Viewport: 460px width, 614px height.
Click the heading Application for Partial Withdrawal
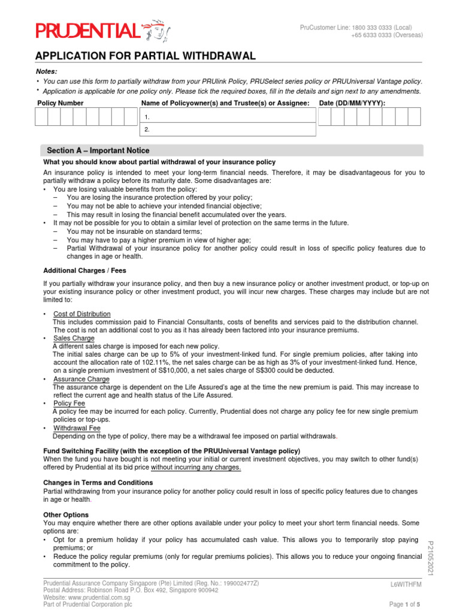click(x=146, y=56)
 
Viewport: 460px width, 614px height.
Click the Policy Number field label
click(x=60, y=103)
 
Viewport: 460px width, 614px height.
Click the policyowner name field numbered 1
click(x=228, y=117)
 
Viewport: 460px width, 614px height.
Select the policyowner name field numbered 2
click(x=228, y=130)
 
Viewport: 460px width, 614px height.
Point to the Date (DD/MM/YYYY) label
click(x=352, y=103)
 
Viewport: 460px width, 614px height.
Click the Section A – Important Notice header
click(x=98, y=151)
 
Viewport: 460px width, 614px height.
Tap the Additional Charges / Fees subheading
click(x=84, y=270)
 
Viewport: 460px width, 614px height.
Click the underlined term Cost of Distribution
click(x=82, y=314)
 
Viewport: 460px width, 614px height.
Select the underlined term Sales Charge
click(x=74, y=338)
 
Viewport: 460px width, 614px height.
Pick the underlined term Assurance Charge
click(x=81, y=379)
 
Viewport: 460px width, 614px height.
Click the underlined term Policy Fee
click(x=69, y=404)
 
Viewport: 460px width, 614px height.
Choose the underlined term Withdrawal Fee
click(x=77, y=428)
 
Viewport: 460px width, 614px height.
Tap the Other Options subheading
click(x=66, y=514)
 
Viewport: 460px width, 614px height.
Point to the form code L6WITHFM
click(x=406, y=584)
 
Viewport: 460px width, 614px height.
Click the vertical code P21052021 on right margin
click(x=429, y=558)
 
